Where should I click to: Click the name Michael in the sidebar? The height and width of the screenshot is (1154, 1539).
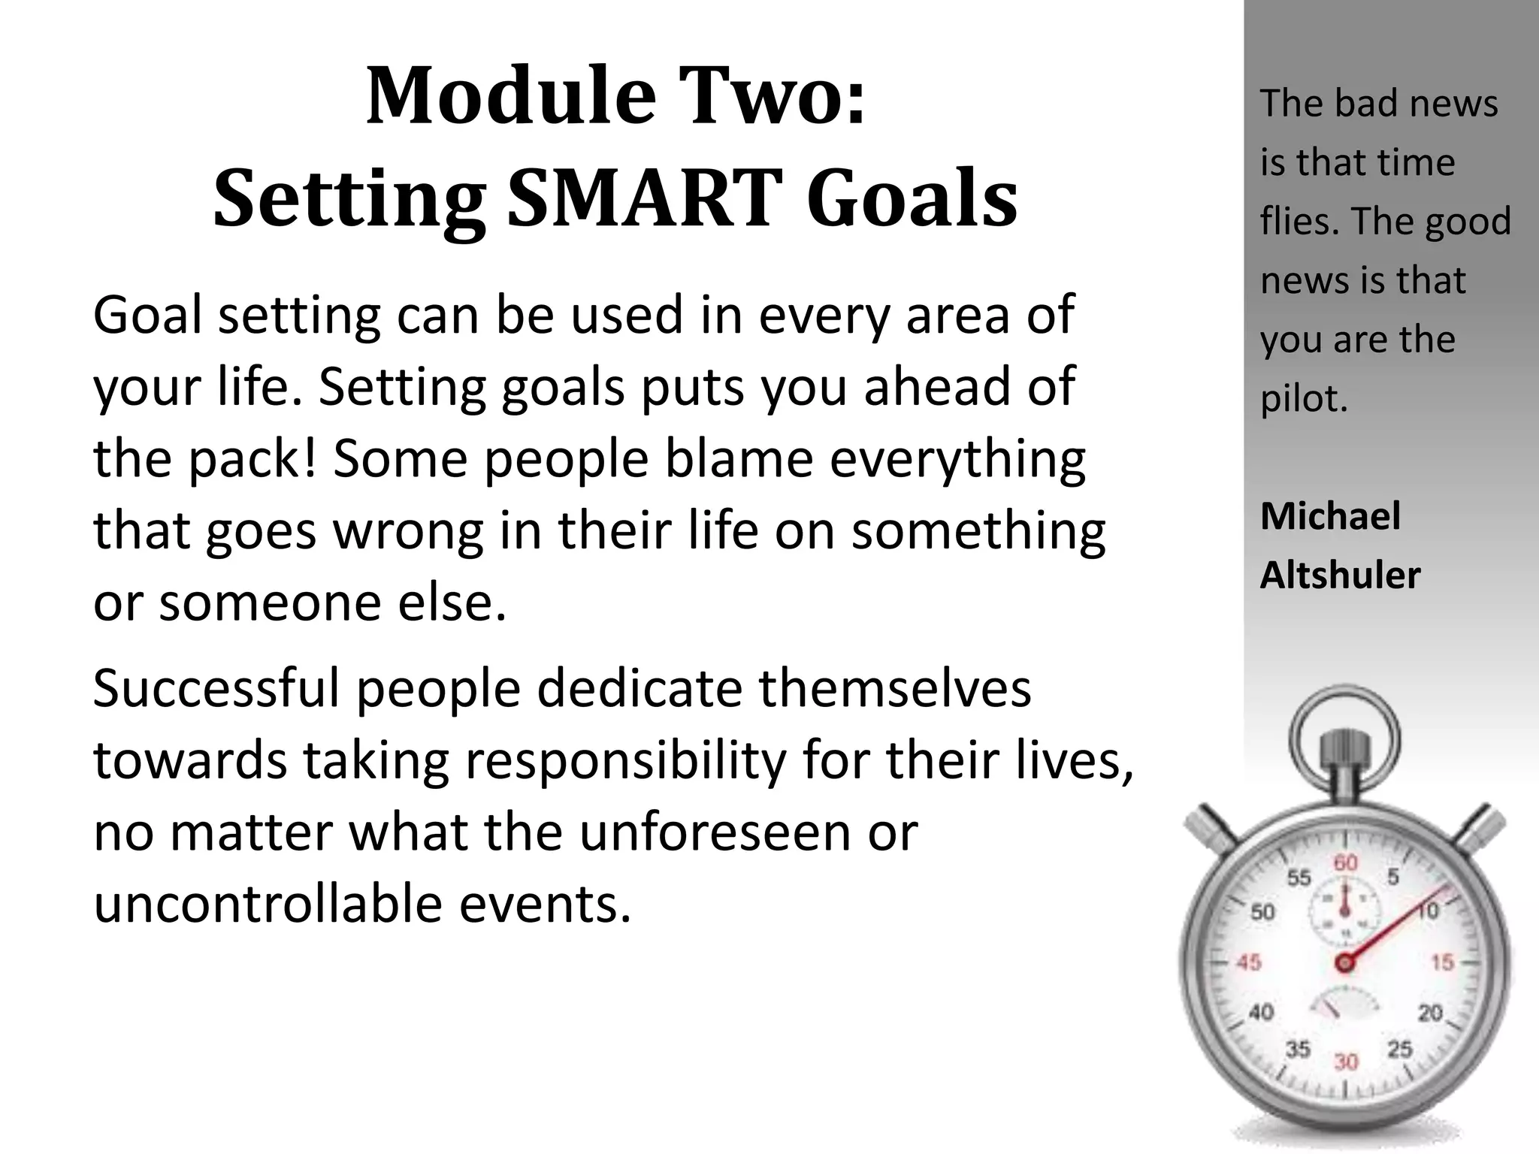coord(1330,517)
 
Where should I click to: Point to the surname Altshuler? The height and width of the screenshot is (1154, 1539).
coord(1340,576)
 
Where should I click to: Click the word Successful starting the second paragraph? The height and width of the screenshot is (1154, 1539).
coord(216,689)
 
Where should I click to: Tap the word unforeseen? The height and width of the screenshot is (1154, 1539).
coord(715,832)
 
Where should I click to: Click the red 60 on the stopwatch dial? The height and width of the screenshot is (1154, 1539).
coord(1345,862)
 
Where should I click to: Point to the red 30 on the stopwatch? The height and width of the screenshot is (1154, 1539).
coord(1345,1062)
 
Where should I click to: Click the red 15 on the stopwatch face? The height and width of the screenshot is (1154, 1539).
coord(1442,962)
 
